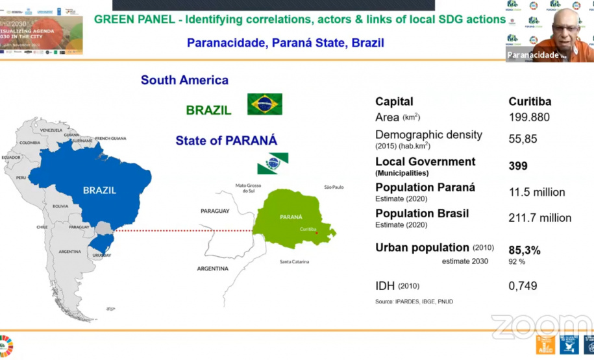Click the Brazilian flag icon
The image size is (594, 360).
(x=264, y=104)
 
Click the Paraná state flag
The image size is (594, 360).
(x=273, y=163)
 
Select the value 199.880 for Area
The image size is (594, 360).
(x=528, y=117)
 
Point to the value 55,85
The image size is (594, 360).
(x=523, y=139)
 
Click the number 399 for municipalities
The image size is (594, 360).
(x=518, y=166)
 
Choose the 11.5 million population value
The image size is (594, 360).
(x=536, y=192)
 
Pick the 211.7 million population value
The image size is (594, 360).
(x=539, y=218)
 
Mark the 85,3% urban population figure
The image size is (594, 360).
(x=525, y=250)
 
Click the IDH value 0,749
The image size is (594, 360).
(x=523, y=286)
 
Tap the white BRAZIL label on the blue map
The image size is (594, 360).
(x=99, y=190)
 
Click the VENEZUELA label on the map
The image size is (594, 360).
(x=51, y=130)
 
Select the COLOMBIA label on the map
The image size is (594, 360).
(x=30, y=143)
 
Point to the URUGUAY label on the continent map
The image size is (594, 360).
(x=100, y=255)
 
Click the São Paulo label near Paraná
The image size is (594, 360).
(x=334, y=187)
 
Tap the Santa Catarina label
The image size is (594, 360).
(x=294, y=261)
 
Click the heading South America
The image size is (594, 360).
(x=184, y=80)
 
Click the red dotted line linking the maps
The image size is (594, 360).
(x=182, y=230)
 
